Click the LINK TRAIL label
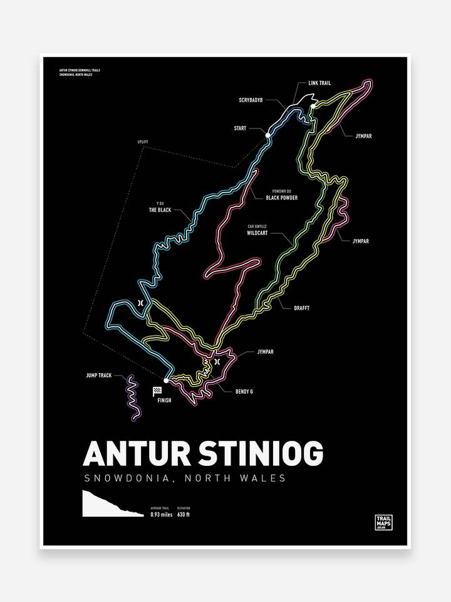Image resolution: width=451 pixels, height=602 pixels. [x=319, y=83]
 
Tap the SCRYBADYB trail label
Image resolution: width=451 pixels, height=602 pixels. [x=251, y=100]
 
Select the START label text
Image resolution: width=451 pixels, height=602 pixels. [x=240, y=128]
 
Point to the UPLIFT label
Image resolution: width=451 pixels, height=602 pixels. [x=143, y=142]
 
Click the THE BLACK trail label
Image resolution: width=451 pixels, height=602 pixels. [x=160, y=210]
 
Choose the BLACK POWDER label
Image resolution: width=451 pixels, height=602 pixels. [x=281, y=198]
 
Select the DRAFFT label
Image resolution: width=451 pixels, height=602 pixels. [x=301, y=308]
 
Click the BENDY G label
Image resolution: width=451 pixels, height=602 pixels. [x=244, y=391]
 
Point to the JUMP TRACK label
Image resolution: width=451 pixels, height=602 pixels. [x=99, y=375]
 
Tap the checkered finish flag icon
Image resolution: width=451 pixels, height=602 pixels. [x=157, y=391]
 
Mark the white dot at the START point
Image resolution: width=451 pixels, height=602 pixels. [x=267, y=135]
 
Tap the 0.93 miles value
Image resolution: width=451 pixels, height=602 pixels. [x=161, y=514]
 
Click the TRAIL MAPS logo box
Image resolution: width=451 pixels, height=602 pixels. [x=383, y=522]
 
